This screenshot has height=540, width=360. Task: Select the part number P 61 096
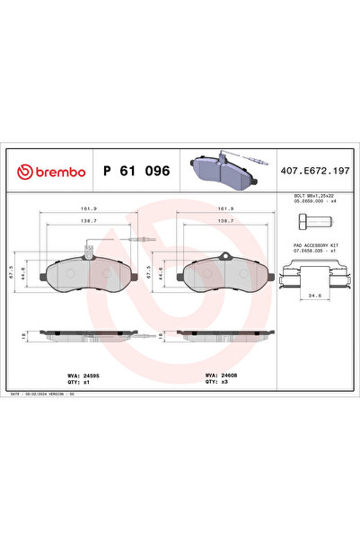click(136, 171)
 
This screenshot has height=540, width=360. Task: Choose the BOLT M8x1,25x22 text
click(314, 195)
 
